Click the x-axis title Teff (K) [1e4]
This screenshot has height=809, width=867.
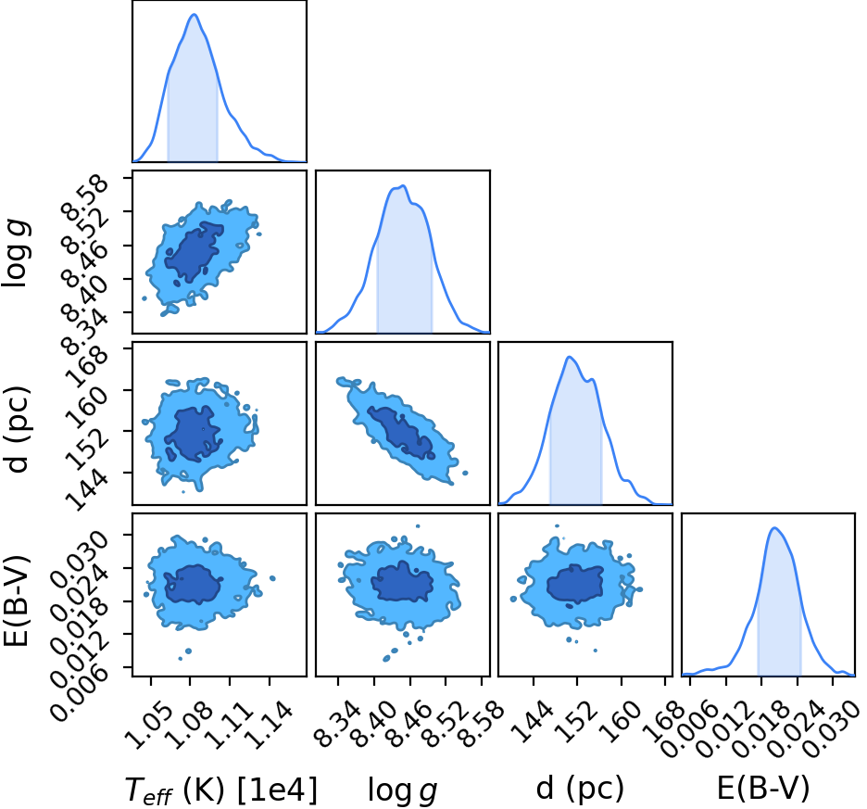[221, 790]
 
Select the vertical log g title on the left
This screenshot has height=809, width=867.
[16, 252]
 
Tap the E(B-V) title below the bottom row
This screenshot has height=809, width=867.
[763, 788]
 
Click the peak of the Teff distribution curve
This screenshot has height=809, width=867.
[195, 15]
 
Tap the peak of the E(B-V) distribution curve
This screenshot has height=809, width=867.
[774, 528]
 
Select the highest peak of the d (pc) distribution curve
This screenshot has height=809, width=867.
[569, 357]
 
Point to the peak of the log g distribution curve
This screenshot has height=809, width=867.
[404, 186]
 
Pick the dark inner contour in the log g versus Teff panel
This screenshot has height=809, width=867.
[194, 252]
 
